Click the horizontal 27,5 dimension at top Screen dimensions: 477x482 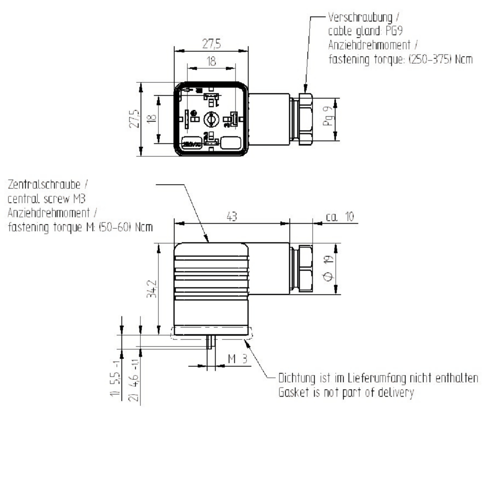tap(211, 44)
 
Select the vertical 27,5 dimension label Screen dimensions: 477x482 tap(135, 119)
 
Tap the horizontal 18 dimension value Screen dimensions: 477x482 tap(211, 61)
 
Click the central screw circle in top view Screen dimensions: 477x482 tap(210, 119)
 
